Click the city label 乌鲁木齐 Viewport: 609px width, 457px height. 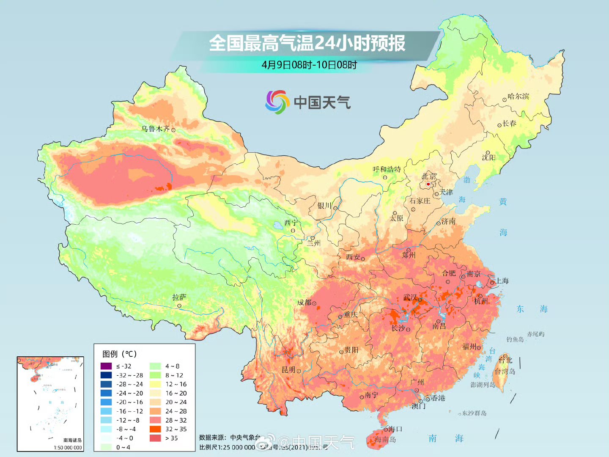[156, 129]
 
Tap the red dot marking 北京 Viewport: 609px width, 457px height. [428, 184]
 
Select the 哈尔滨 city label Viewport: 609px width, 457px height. [518, 96]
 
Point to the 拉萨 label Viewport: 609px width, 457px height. [179, 297]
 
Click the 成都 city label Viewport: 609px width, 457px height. [304, 303]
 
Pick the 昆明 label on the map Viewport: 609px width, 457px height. [288, 370]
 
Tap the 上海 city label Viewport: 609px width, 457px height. [502, 281]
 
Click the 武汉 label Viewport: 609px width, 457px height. [410, 298]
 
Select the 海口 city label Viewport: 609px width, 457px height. [395, 429]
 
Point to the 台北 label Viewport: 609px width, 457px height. [505, 360]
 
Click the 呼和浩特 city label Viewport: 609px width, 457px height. [387, 169]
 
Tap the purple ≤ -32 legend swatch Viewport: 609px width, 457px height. [106, 366]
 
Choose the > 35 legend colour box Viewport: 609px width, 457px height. [155, 438]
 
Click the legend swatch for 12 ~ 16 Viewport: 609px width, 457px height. [155, 384]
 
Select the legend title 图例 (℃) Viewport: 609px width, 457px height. [120, 354]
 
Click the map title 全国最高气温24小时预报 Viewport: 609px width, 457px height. [307, 43]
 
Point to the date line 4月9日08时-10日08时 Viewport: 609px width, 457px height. [309, 65]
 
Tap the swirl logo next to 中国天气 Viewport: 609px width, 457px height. [277, 102]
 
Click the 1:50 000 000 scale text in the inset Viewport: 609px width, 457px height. [68, 447]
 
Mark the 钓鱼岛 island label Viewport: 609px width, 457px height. [515, 339]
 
